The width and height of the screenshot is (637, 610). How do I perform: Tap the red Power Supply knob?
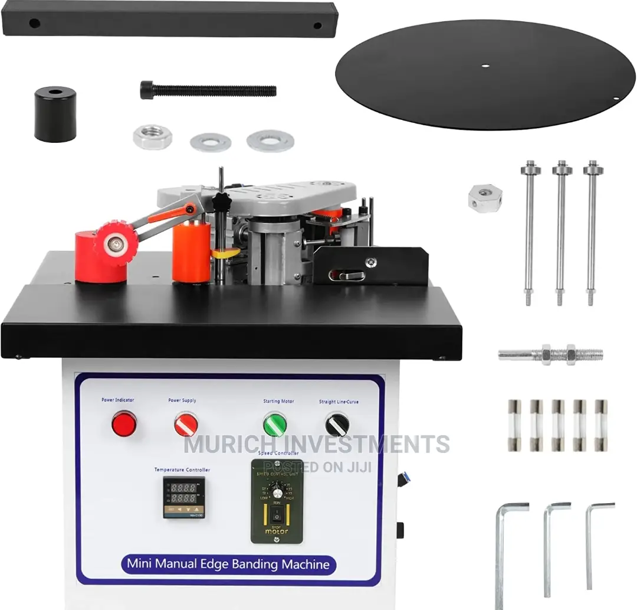[x=186, y=424]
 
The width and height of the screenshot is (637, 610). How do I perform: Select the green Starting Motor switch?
[x=275, y=425]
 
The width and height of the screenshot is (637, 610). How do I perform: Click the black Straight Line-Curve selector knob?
[x=337, y=425]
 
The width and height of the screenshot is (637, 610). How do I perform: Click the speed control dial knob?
[x=277, y=492]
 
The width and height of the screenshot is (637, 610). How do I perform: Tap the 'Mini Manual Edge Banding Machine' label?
[x=228, y=563]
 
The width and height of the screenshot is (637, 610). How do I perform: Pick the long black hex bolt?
[x=208, y=90]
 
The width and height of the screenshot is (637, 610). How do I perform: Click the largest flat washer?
[x=270, y=140]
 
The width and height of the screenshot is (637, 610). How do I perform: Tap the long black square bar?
[x=170, y=18]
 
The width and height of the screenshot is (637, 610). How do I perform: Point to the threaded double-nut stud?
[x=551, y=355]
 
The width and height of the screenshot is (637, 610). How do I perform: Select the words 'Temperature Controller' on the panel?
[x=182, y=469]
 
